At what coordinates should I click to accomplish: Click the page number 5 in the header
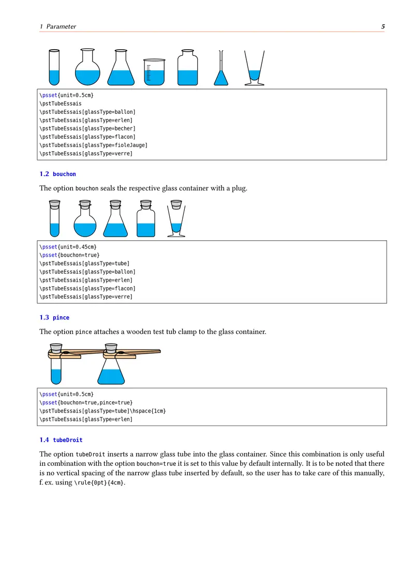(382, 26)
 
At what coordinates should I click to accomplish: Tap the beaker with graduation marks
(154, 72)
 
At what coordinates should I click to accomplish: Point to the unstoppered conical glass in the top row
(254, 70)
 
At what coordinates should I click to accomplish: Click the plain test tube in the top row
(54, 67)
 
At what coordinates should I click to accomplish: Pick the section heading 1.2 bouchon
(57, 174)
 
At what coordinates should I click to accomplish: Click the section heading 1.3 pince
(54, 317)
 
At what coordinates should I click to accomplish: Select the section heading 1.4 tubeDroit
(61, 440)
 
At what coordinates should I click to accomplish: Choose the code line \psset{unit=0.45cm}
(68, 247)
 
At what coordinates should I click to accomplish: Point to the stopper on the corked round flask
(85, 204)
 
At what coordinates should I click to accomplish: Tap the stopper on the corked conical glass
(176, 204)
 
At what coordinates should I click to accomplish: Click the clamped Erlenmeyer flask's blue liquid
(112, 376)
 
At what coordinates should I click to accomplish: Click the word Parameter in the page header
(61, 26)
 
